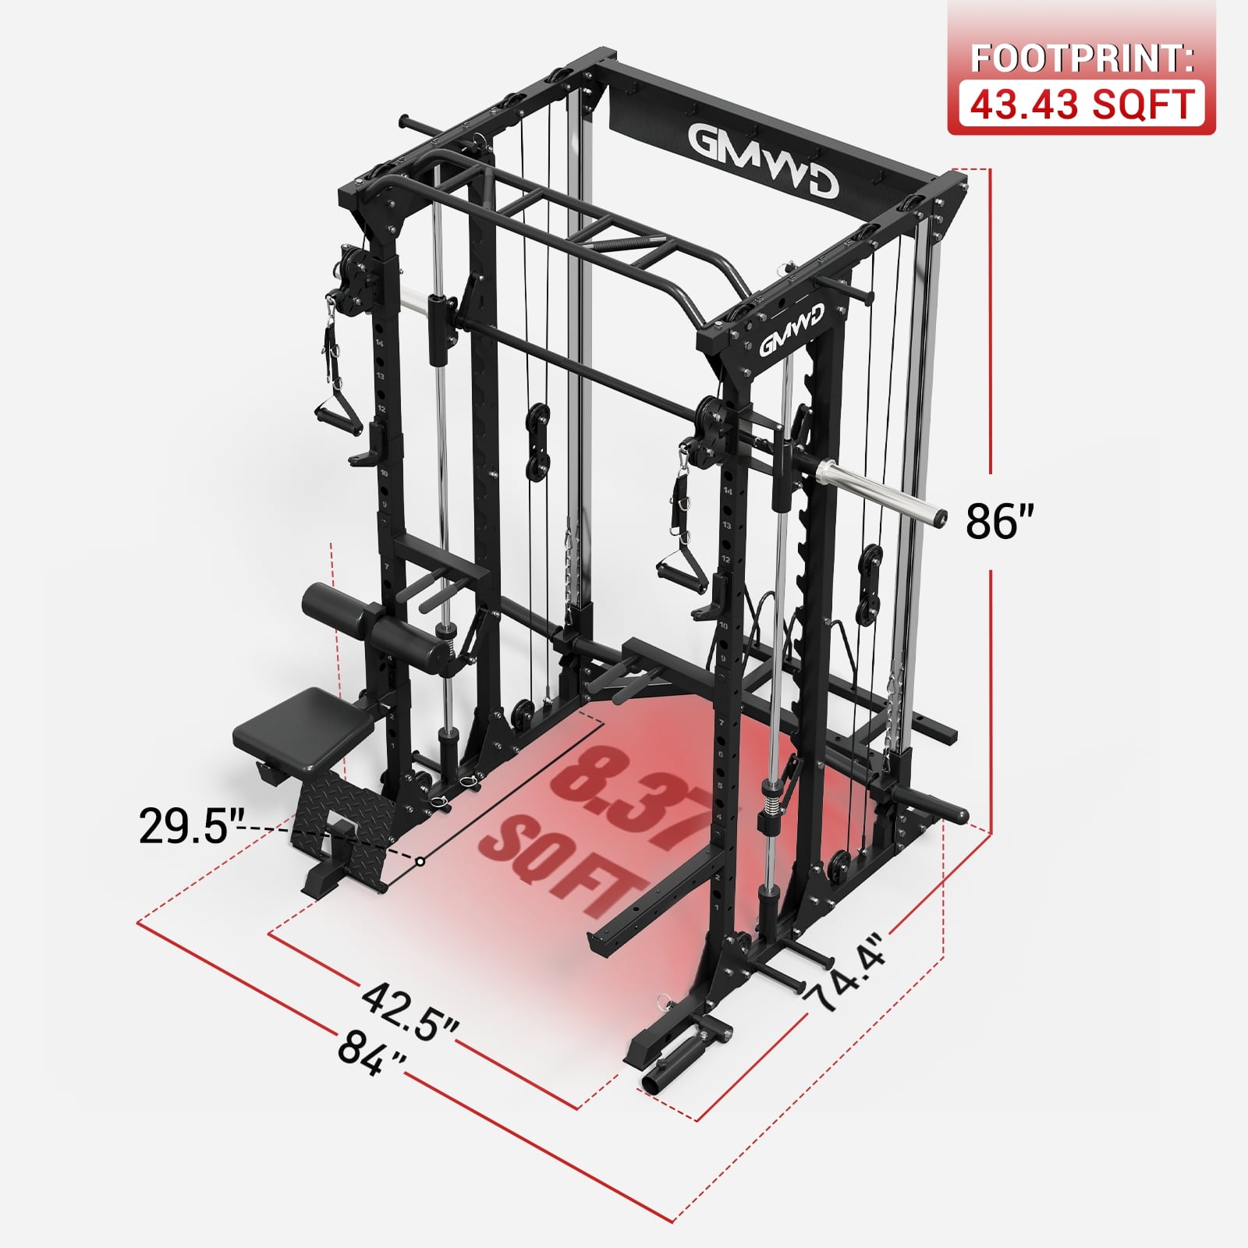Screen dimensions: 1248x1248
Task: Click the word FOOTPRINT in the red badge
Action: click(1082, 59)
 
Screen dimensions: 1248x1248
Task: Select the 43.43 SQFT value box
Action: click(1082, 105)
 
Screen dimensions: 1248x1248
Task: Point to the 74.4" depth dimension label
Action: click(847, 972)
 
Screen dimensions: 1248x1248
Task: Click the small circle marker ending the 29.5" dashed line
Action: click(420, 861)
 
